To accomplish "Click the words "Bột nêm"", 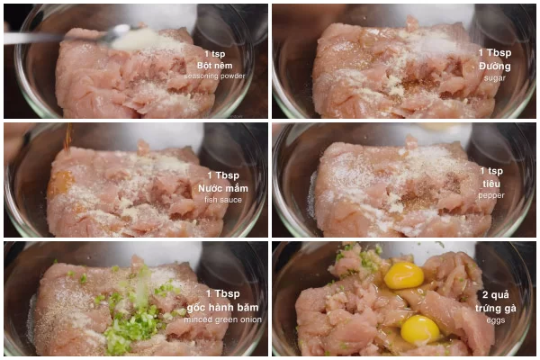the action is (214, 66).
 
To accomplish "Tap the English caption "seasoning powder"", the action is (214, 76).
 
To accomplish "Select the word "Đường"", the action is (494, 66).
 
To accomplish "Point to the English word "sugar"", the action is (494, 78).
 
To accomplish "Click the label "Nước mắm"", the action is (223, 188).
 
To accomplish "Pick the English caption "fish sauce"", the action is (223, 200).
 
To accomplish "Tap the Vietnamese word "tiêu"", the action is (491, 184).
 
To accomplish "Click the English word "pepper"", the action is (491, 195).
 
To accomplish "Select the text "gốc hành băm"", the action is (223, 307).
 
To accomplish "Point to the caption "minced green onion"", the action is (223, 319).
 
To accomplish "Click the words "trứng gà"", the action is (496, 308).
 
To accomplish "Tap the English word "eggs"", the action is (496, 320).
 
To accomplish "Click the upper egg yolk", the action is (403, 275).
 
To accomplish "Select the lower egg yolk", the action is (420, 330).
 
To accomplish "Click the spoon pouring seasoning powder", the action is (69, 36).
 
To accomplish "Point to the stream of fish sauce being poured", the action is (68, 138).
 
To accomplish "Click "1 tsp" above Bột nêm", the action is (214, 54).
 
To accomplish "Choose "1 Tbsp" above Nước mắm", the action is (223, 175).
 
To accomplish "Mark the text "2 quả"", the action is (496, 295).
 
